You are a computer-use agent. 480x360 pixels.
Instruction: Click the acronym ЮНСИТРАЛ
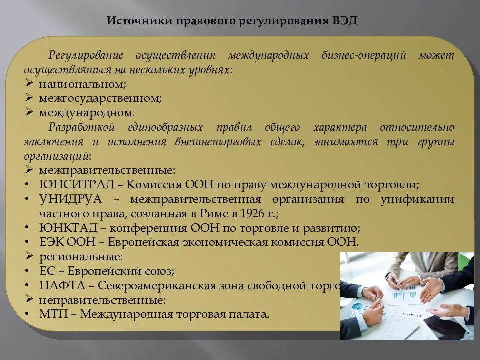click(78, 184)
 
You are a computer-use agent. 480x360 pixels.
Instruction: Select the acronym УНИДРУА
click(70, 199)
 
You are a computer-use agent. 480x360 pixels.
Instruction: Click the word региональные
click(81, 257)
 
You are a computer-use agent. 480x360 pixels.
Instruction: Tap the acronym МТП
click(52, 315)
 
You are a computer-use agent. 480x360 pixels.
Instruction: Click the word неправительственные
click(102, 300)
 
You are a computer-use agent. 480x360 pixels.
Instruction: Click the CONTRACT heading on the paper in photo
click(412, 315)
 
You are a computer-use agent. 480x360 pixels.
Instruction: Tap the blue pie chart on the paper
click(357, 306)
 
